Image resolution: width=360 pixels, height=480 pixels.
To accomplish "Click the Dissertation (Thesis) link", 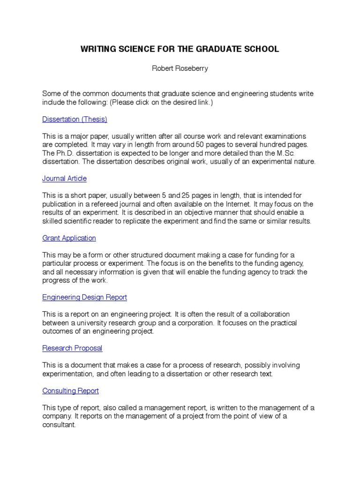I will (75, 120).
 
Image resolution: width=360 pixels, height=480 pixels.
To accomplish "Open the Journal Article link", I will (64, 179).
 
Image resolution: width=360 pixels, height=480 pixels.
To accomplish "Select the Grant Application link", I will (69, 238).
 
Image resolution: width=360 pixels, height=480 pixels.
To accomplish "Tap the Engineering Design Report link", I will (84, 298).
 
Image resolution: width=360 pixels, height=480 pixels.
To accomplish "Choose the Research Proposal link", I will (72, 348).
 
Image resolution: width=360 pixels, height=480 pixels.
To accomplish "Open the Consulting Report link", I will (70, 391).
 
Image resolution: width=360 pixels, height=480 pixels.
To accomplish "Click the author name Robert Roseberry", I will (180, 68).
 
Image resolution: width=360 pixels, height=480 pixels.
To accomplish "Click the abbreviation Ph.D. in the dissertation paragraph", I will (64, 153).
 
